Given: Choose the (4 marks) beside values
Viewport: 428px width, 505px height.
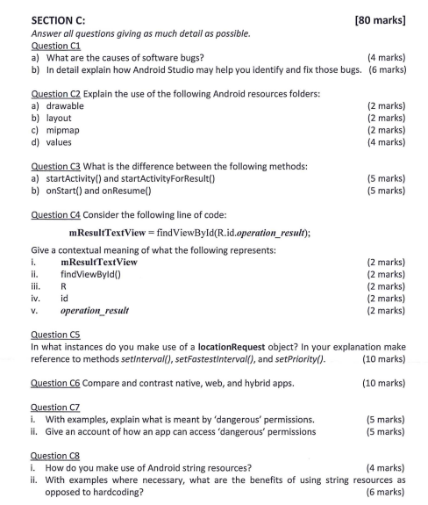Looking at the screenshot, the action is click(x=385, y=141).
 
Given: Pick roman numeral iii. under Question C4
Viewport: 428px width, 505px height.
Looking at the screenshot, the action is click(x=35, y=285).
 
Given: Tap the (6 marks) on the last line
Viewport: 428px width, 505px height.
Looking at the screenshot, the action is click(x=385, y=492).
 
